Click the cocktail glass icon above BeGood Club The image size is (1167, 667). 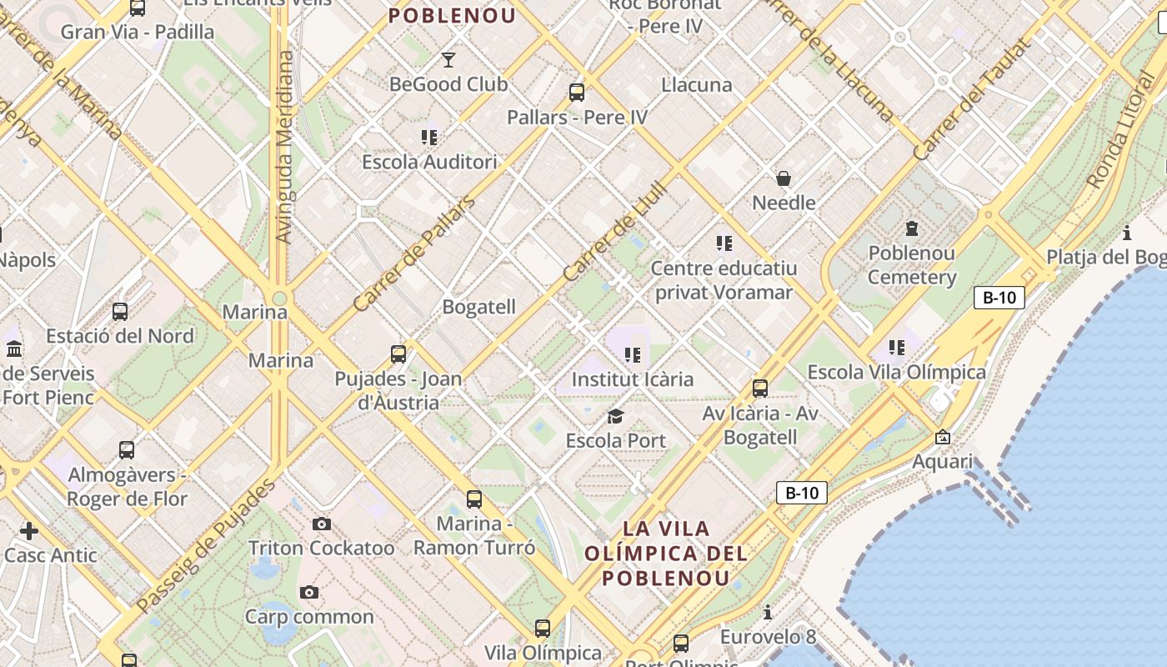point(448,59)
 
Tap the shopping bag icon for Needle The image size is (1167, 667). point(784,178)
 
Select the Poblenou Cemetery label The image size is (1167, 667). point(912,265)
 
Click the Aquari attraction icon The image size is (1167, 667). point(943,437)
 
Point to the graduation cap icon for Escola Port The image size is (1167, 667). point(615,416)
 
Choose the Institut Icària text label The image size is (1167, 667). point(632,379)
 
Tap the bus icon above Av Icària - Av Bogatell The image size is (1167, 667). point(759,388)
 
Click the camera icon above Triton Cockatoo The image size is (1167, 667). point(322,524)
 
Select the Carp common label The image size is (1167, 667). point(309,617)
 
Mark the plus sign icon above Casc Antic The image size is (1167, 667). point(29,530)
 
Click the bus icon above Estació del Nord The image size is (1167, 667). point(120,312)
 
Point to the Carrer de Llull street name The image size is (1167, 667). point(605,231)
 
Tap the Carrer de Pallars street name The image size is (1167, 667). point(414,253)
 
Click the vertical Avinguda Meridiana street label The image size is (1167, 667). point(284,147)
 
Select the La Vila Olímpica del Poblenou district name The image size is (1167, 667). point(666,553)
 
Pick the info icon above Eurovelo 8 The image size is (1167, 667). point(767,613)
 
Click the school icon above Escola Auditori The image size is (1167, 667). point(429,137)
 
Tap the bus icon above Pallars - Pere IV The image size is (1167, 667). point(577,93)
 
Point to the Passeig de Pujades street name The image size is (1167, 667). point(206,545)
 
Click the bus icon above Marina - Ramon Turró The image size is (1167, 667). point(474,499)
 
